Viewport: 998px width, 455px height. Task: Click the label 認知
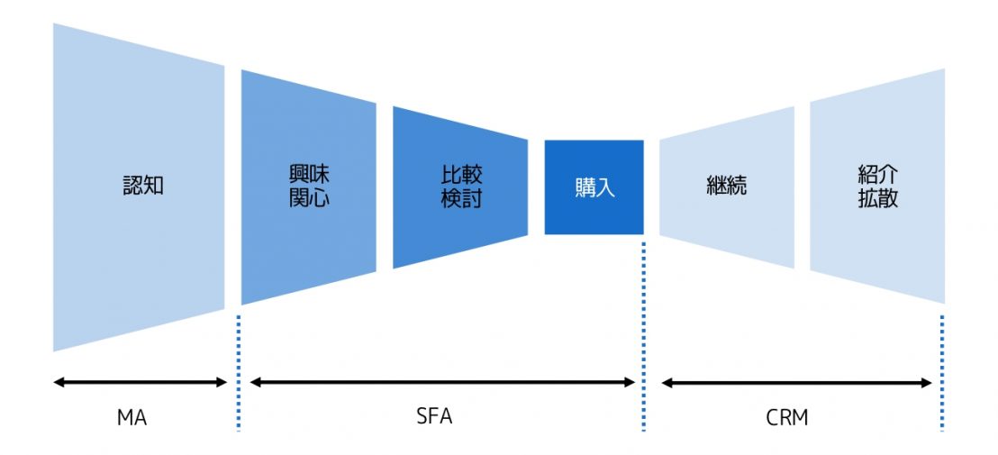[x=143, y=187]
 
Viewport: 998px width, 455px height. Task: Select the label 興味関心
[x=309, y=187]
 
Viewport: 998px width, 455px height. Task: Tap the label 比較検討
[x=461, y=187]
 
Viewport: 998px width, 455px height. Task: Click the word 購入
[x=594, y=188]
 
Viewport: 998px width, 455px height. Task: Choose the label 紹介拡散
[x=877, y=187]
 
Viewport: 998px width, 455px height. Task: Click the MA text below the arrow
[x=132, y=418]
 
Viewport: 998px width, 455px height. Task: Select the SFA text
[x=435, y=417]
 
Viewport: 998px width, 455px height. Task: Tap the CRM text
[x=787, y=418]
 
